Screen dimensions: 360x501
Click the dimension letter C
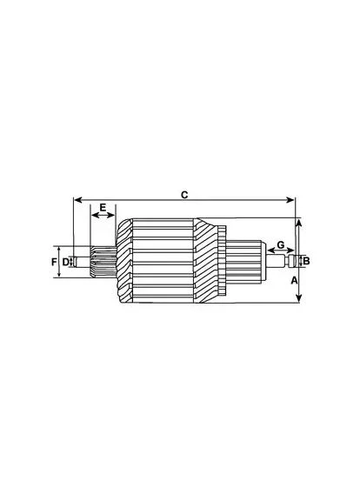[184, 195]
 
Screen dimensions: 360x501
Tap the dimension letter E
[103, 207]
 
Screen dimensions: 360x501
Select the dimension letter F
[54, 262]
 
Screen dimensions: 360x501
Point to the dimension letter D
[65, 262]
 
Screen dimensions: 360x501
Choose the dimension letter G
[281, 245]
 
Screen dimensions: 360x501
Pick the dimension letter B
[306, 261]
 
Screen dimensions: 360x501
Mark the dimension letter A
[294, 281]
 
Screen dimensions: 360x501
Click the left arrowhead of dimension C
[77, 200]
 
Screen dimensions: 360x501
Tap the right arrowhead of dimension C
[290, 200]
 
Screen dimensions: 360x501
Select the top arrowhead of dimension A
[298, 223]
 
